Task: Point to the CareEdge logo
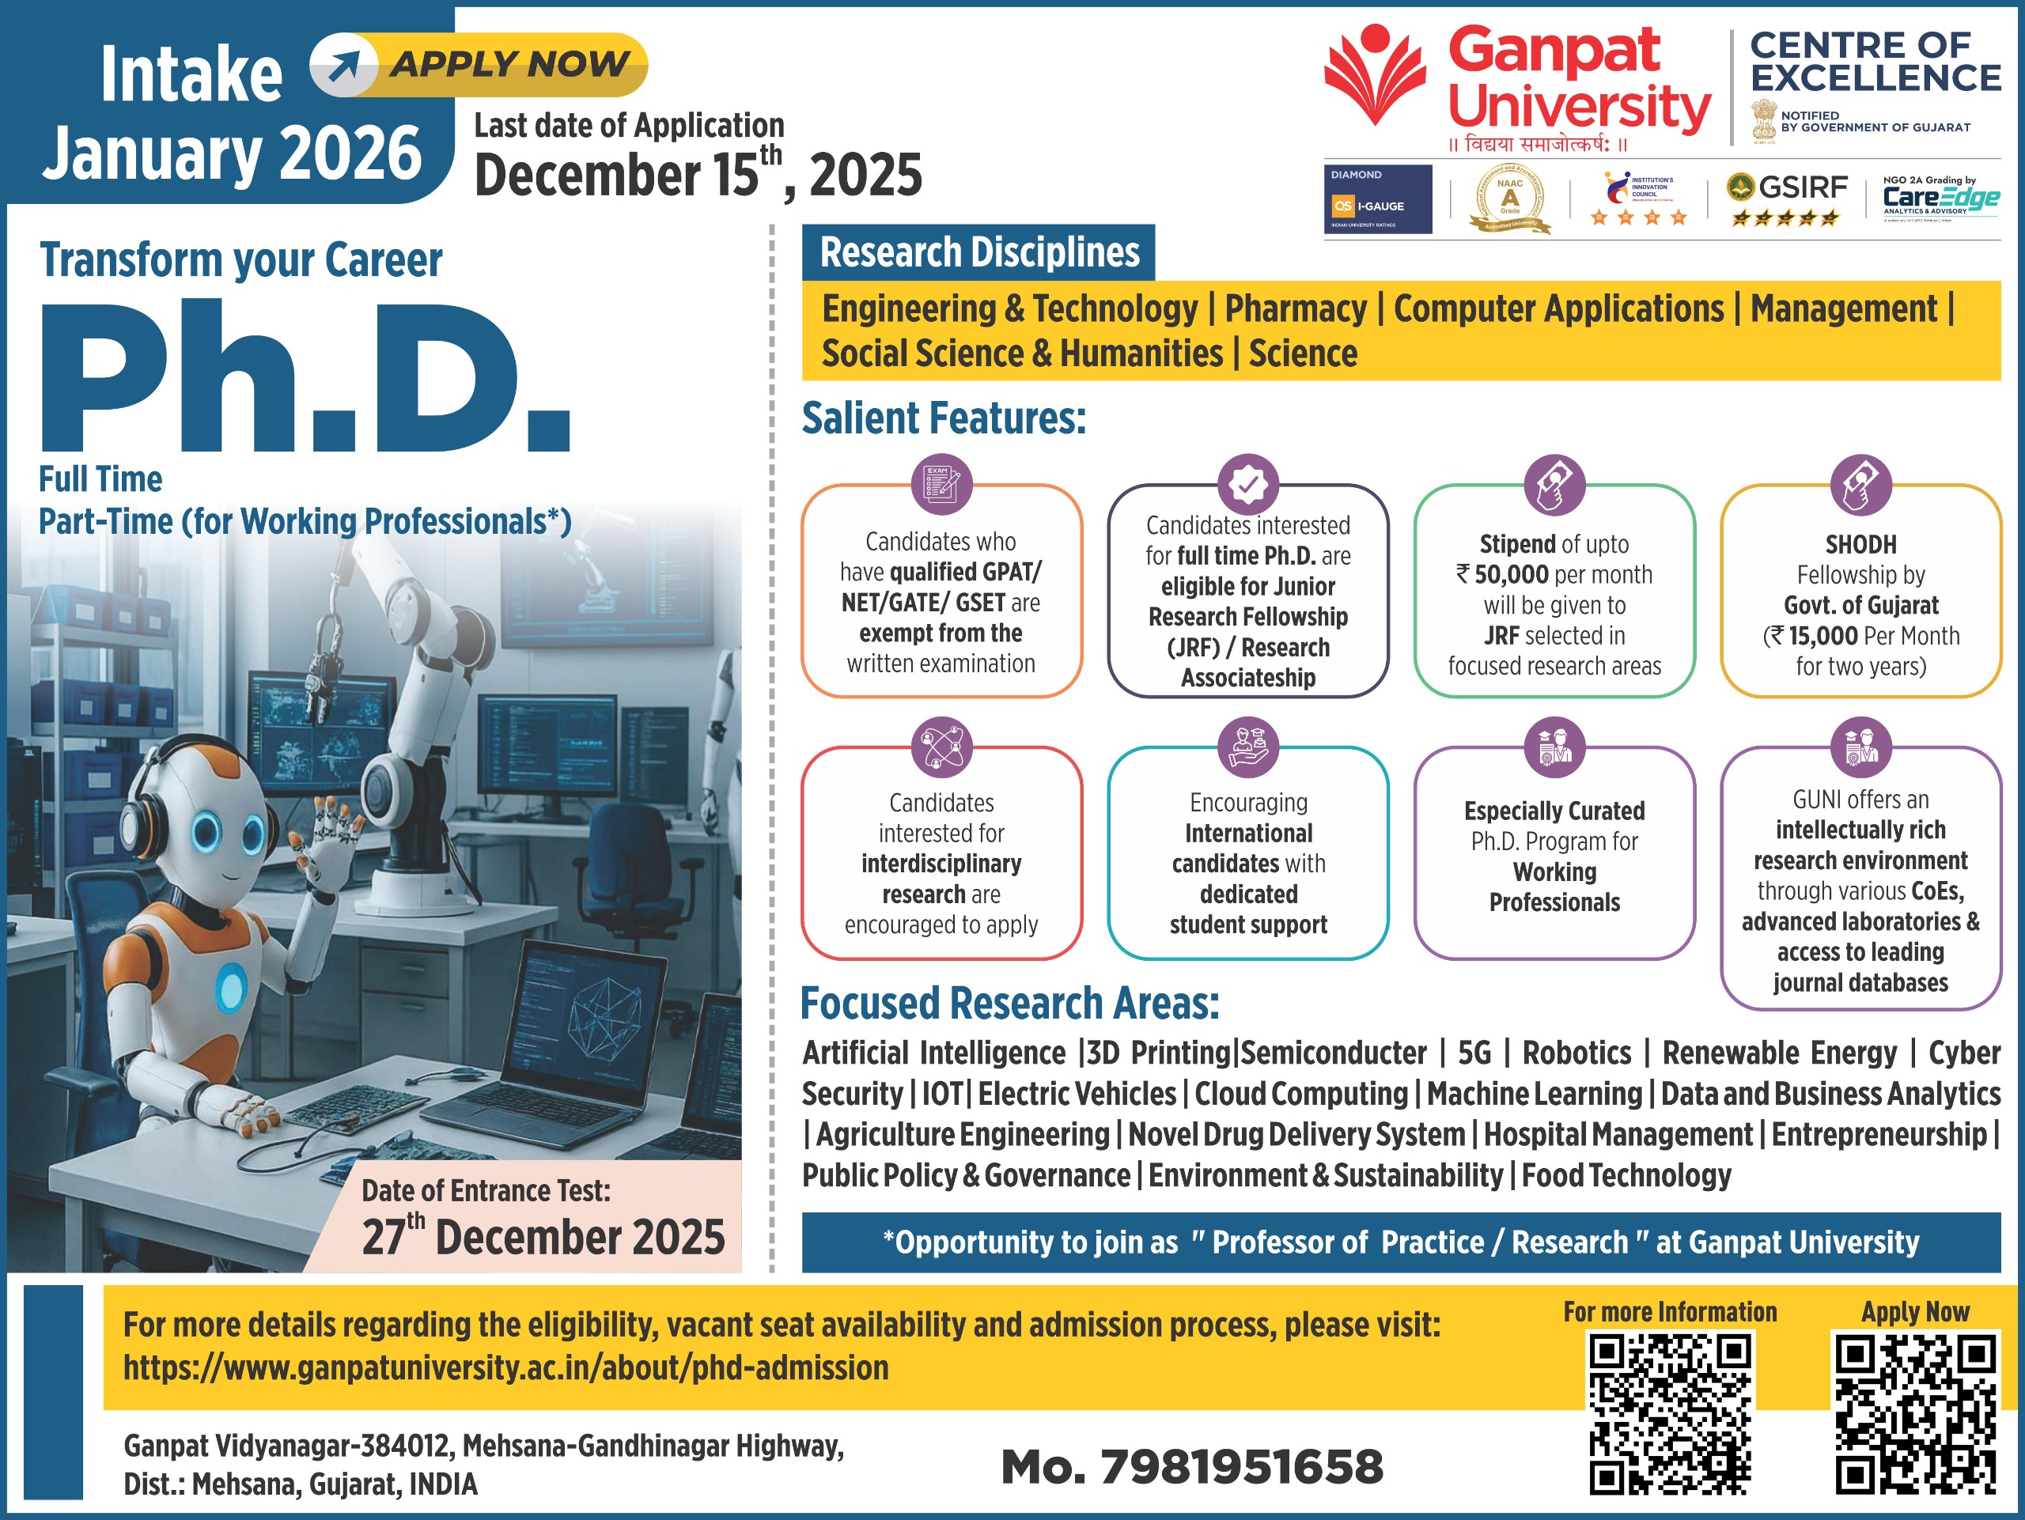pyautogui.click(x=1940, y=198)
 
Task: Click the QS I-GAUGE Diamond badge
pyautogui.click(x=1377, y=199)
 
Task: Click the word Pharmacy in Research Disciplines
pyautogui.click(x=1296, y=309)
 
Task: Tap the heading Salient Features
pyautogui.click(x=944, y=419)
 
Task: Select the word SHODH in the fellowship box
pyautogui.click(x=1860, y=544)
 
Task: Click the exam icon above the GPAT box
pyautogui.click(x=941, y=484)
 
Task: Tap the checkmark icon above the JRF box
pyautogui.click(x=1247, y=484)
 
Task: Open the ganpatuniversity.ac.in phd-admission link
pyautogui.click(x=506, y=1368)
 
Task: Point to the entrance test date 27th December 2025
pyautogui.click(x=543, y=1236)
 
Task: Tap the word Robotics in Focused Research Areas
pyautogui.click(x=1576, y=1053)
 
